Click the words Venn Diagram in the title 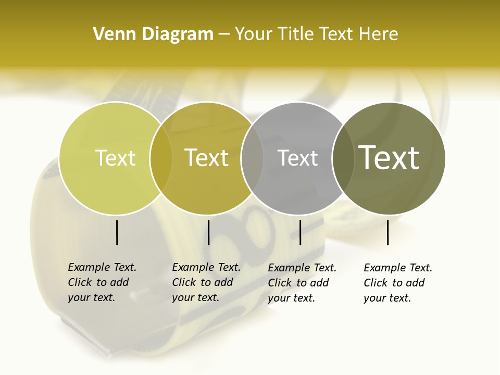click(153, 34)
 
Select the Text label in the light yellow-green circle click(115, 158)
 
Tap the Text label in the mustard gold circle click(206, 158)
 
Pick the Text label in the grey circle click(297, 158)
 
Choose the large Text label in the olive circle click(389, 157)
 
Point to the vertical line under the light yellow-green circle click(117, 232)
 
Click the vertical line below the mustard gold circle click(208, 232)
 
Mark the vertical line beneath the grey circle click(300, 232)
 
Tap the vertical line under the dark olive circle click(388, 232)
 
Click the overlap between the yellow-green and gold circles click(161, 158)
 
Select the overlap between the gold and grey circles click(252, 158)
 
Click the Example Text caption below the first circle click(102, 282)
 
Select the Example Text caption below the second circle click(206, 282)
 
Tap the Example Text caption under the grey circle click(302, 283)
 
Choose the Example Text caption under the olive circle click(398, 283)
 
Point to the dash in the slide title click(224, 35)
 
